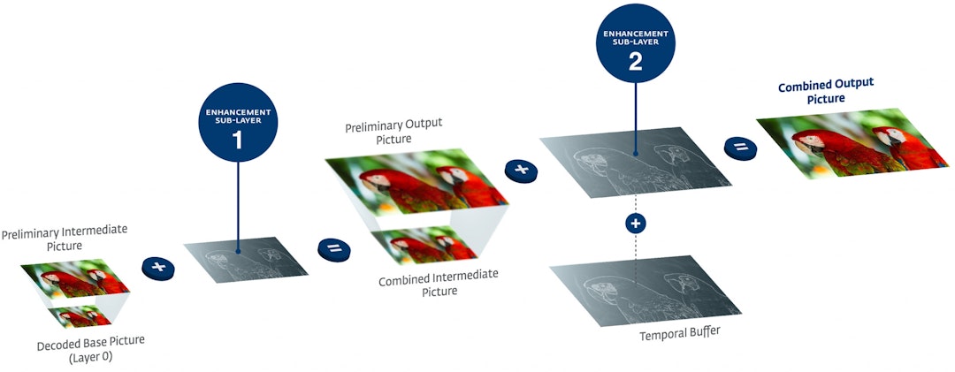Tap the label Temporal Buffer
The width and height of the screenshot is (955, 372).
click(674, 335)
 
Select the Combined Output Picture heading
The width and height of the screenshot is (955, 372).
click(825, 91)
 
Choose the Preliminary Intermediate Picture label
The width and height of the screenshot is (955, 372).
click(64, 238)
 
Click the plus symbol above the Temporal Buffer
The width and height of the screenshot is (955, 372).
click(634, 223)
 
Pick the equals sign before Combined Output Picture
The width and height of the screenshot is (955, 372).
click(739, 148)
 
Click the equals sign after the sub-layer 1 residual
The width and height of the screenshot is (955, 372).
click(333, 248)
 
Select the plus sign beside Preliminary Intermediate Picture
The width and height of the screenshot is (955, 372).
click(157, 267)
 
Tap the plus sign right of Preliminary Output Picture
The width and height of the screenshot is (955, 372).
click(520, 170)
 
